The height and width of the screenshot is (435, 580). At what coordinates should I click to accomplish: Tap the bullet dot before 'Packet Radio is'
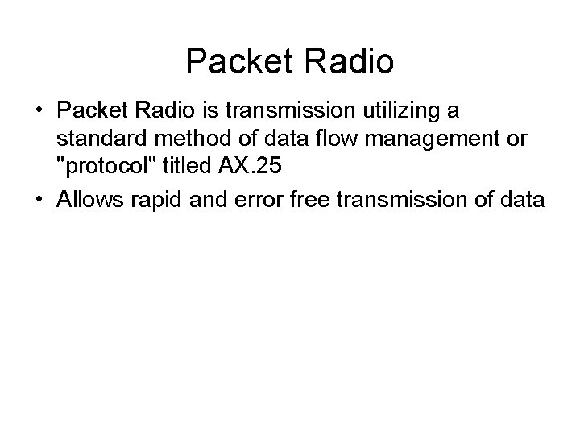[x=39, y=110]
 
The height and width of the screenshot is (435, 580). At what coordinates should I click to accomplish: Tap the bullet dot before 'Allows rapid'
[x=39, y=200]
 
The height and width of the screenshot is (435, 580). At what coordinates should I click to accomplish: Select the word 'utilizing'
[x=416, y=110]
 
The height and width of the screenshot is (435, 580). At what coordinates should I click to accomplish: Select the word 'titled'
[x=193, y=168]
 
